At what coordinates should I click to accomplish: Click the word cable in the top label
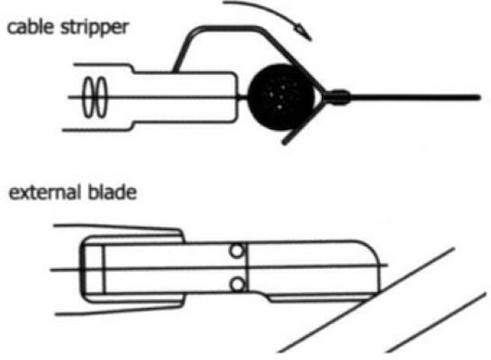click(30, 27)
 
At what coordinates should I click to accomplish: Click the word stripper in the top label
click(95, 29)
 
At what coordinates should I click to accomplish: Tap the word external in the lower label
click(44, 192)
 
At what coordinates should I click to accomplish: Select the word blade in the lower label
click(112, 192)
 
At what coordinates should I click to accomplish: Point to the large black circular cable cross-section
click(281, 97)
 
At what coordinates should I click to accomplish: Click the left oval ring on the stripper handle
click(88, 97)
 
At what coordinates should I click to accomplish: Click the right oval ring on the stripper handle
click(101, 97)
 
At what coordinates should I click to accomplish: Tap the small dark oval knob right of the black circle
click(339, 97)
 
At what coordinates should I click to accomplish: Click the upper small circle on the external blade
click(236, 251)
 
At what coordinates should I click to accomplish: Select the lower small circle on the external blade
click(237, 285)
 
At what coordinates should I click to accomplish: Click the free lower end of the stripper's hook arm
click(285, 143)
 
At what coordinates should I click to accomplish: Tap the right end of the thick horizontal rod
click(478, 97)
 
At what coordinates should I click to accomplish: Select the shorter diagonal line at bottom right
click(436, 323)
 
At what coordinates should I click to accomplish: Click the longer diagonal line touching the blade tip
click(366, 300)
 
